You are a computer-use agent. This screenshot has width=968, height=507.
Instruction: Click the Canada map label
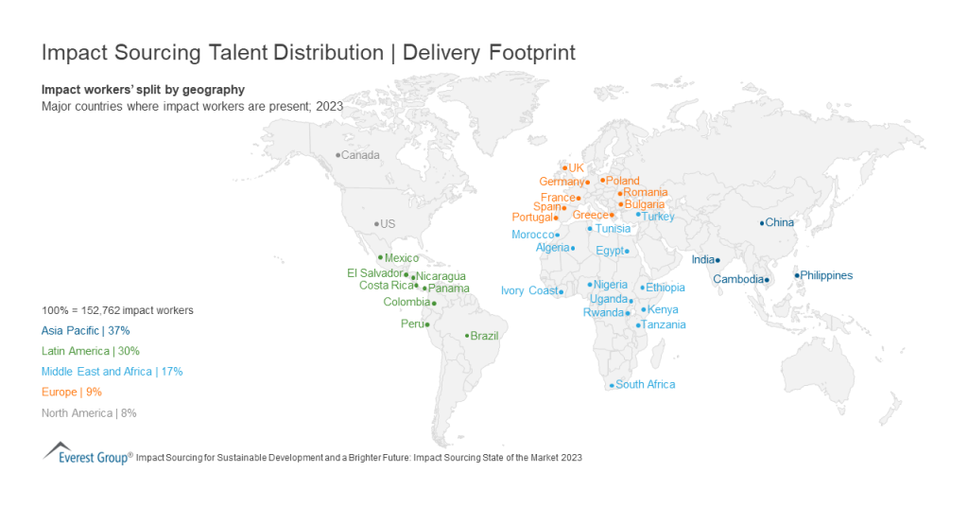pyautogui.click(x=360, y=155)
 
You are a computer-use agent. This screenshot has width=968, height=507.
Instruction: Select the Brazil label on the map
pyautogui.click(x=484, y=336)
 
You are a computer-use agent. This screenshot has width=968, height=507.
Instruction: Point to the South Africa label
pyautogui.click(x=645, y=385)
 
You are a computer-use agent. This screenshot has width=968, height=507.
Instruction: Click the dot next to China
pyautogui.click(x=762, y=223)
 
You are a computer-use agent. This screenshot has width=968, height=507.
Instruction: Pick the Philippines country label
pyautogui.click(x=827, y=276)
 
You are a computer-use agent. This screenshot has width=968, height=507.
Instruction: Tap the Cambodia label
pyautogui.click(x=738, y=279)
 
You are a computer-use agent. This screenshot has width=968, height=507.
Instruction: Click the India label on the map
pyautogui.click(x=702, y=260)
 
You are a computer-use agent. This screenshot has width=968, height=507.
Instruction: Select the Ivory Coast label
pyautogui.click(x=529, y=291)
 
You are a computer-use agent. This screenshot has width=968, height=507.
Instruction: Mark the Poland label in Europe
pyautogui.click(x=623, y=181)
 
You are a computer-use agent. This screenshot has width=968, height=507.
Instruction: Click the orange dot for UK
pyautogui.click(x=564, y=168)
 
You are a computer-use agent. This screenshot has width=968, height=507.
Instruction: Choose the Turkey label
pyautogui.click(x=659, y=217)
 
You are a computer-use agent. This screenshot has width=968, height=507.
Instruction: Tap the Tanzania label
pyautogui.click(x=665, y=325)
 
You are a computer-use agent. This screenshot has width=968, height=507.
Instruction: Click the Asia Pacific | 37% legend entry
pyautogui.click(x=85, y=331)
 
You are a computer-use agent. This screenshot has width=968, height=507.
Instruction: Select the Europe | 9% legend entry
pyautogui.click(x=72, y=392)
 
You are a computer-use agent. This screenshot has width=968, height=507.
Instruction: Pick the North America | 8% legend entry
pyautogui.click(x=89, y=412)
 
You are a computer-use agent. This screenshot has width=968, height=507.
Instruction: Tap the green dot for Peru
pyautogui.click(x=427, y=324)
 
